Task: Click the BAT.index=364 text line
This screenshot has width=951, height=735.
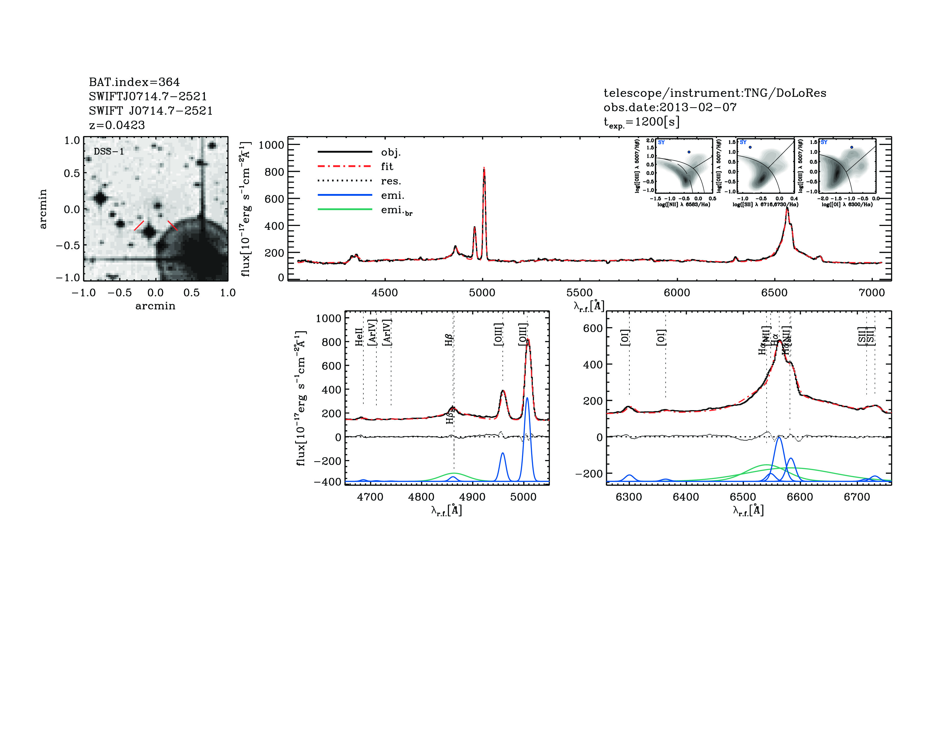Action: [x=134, y=82]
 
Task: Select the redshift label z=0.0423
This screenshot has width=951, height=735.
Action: [x=117, y=125]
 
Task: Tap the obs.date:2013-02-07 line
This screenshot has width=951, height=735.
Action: [x=670, y=107]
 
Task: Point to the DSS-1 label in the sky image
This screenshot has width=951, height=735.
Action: [x=109, y=152]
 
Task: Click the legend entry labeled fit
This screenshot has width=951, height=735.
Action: [x=387, y=166]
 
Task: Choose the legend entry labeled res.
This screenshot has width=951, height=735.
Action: [x=390, y=181]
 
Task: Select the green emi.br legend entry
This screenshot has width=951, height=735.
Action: [x=396, y=210]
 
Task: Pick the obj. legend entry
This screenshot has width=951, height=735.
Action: [x=390, y=152]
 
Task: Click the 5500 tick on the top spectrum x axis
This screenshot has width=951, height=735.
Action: [x=579, y=293]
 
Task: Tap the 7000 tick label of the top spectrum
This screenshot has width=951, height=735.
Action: [x=871, y=293]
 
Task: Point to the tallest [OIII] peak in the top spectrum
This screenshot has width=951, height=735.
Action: [x=484, y=169]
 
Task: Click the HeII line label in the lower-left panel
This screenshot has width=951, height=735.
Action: [x=359, y=337]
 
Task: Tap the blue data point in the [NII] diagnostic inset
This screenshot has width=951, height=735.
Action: [x=689, y=152]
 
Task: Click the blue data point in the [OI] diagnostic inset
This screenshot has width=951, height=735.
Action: [x=852, y=147]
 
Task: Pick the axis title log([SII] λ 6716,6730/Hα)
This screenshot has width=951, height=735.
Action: [x=765, y=204]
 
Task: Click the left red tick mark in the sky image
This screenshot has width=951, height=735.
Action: [x=139, y=225]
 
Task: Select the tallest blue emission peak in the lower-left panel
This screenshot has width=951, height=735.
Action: [x=527, y=398]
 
